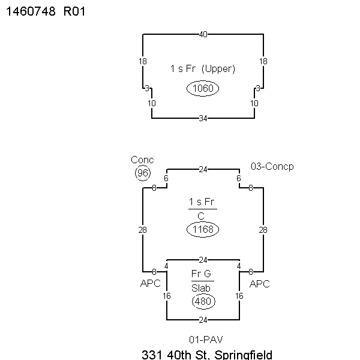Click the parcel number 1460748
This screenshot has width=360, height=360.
pyautogui.click(x=31, y=11)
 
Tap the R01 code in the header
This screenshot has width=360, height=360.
pyautogui.click(x=74, y=11)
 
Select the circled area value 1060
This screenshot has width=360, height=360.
pyautogui.click(x=203, y=88)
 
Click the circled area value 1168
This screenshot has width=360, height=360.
pyautogui.click(x=203, y=229)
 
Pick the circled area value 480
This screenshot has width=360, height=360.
pyautogui.click(x=203, y=301)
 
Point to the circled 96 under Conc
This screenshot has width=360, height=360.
pyautogui.click(x=143, y=173)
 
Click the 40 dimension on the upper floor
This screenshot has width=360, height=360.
pyautogui.click(x=203, y=34)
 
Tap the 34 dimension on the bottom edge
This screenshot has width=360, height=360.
pyautogui.click(x=203, y=118)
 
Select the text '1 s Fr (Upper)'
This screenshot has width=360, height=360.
pyautogui.click(x=203, y=68)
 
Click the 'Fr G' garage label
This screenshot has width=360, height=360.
pyautogui.click(x=201, y=274)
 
